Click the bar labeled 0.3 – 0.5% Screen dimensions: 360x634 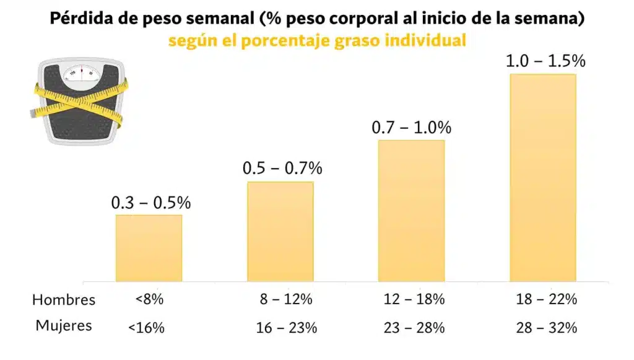149,248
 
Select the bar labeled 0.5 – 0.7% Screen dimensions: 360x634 280,231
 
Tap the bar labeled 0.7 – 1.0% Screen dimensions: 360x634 411,211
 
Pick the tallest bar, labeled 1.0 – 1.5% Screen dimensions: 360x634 543,178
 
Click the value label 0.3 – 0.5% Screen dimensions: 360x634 151,203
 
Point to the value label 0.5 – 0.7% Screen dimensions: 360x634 282,169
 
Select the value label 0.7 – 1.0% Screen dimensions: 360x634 412,128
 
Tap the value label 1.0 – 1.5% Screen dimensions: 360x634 545,61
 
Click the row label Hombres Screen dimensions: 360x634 64,301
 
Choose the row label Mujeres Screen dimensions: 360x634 64,325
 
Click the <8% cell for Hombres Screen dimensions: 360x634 149,299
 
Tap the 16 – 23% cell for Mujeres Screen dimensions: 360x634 287,327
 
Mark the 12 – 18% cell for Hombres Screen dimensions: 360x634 414,299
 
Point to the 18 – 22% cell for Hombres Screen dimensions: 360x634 547,299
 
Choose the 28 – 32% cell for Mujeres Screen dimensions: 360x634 547,327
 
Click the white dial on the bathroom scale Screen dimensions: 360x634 81,73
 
